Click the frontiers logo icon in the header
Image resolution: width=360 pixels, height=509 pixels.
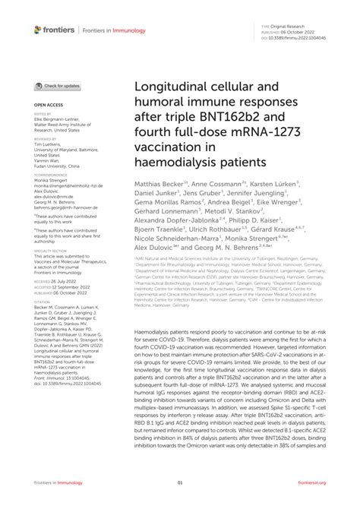pos(39,30)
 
